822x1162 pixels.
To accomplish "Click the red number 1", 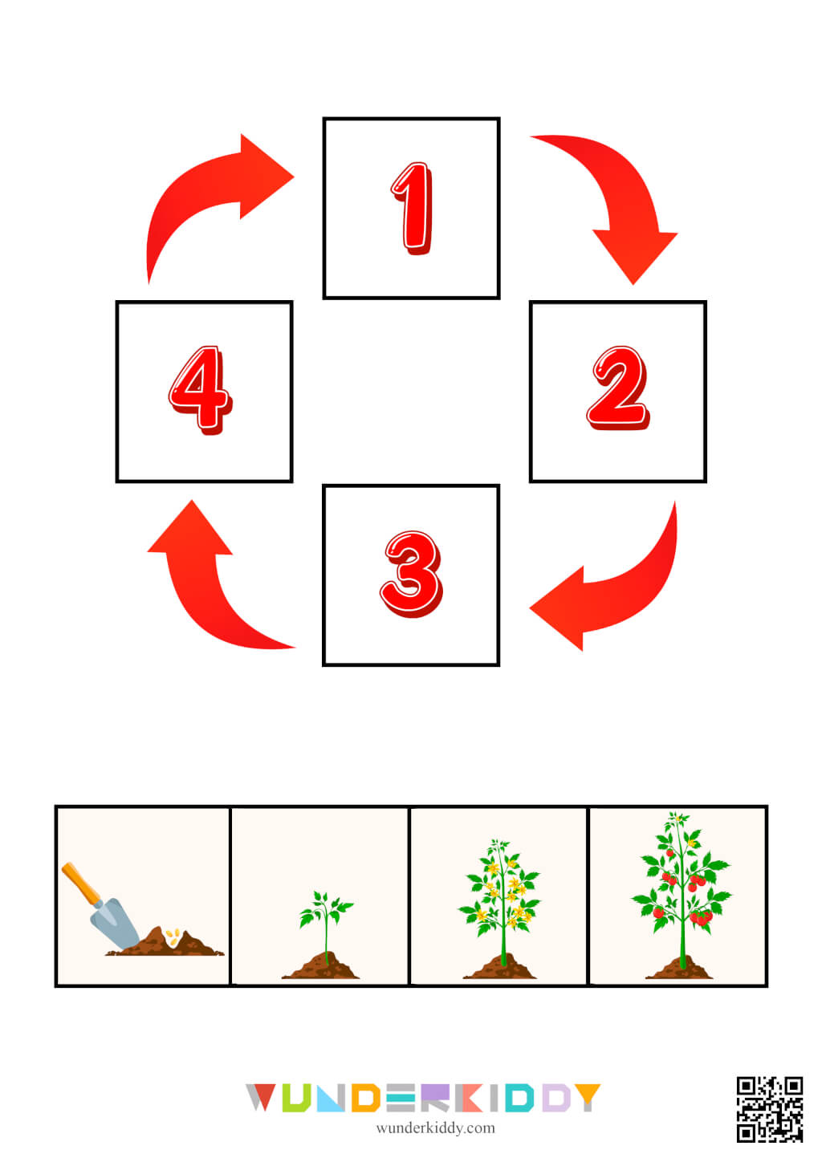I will (413, 209).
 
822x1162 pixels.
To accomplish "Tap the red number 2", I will (617, 388).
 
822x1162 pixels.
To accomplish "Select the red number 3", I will (411, 573).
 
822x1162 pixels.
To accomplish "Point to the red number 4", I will (201, 390).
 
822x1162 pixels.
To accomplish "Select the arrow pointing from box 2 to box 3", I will (618, 586).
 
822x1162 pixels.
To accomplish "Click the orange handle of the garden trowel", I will (81, 883).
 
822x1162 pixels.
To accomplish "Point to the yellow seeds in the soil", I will (173, 935).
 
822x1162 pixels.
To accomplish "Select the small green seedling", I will (325, 919).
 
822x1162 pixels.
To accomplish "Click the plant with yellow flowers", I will (501, 895).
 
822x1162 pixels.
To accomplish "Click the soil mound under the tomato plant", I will (679, 969).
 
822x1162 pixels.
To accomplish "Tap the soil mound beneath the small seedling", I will (321, 967).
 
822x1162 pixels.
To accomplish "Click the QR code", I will (769, 1108).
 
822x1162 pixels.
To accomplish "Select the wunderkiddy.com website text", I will (435, 1127).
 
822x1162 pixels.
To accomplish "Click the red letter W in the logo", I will (261, 1097).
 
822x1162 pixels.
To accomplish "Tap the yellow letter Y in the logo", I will (587, 1097).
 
